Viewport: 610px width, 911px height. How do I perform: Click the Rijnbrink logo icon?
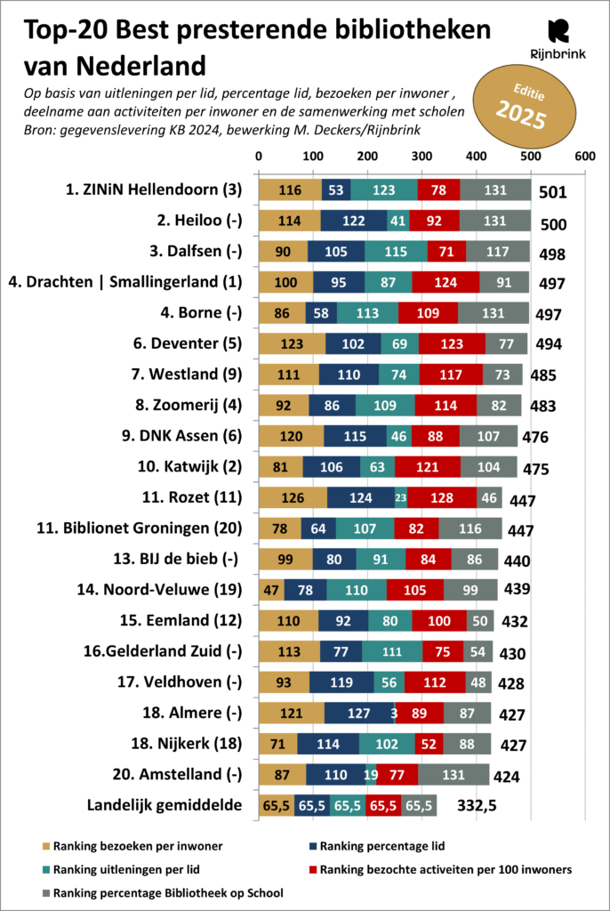coord(559,32)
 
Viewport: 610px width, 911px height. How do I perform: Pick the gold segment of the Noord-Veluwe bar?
coord(271,588)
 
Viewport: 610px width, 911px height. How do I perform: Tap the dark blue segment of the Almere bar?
coord(359,713)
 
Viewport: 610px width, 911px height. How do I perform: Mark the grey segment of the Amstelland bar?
coord(453,775)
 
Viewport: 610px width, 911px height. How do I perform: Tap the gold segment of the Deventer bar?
coord(292,343)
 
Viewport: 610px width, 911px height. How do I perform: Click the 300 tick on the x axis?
coord(421,156)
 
